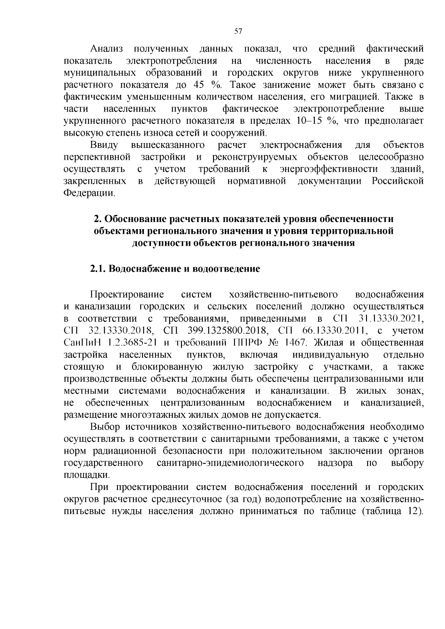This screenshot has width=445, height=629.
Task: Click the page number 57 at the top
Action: pyautogui.click(x=238, y=32)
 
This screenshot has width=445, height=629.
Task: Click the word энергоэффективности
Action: pyautogui.click(x=329, y=169)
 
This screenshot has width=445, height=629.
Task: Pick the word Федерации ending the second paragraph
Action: pyautogui.click(x=89, y=193)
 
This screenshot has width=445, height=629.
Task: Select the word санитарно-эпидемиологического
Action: pyautogui.click(x=230, y=463)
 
